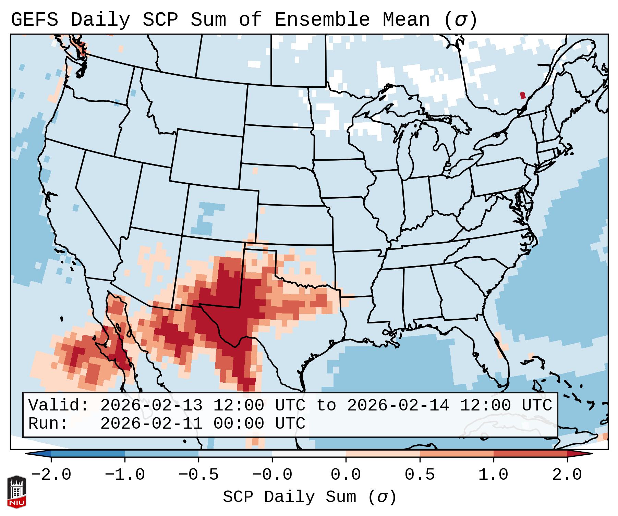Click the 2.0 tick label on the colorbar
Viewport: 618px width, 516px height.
(x=567, y=475)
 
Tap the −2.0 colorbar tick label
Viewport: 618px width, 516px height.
(x=51, y=475)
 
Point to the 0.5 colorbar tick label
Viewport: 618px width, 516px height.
(x=420, y=475)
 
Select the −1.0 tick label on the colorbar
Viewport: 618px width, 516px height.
(x=125, y=475)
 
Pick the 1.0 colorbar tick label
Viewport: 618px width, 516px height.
(x=493, y=475)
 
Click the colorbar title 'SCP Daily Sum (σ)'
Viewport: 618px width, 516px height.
(x=310, y=497)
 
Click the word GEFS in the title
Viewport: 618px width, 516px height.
(x=34, y=20)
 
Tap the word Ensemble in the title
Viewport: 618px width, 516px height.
(x=322, y=20)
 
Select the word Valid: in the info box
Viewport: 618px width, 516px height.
(x=59, y=405)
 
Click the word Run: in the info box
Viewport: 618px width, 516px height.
(x=48, y=423)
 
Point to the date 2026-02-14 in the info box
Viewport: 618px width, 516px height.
(x=398, y=405)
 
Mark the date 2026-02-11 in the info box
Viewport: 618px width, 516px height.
(x=151, y=423)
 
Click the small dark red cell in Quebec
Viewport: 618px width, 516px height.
(x=522, y=95)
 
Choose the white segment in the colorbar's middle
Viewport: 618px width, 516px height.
(x=309, y=454)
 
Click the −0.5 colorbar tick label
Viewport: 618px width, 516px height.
(x=198, y=475)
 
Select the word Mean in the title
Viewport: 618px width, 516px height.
(x=406, y=20)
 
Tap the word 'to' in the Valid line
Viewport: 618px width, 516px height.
(x=326, y=405)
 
